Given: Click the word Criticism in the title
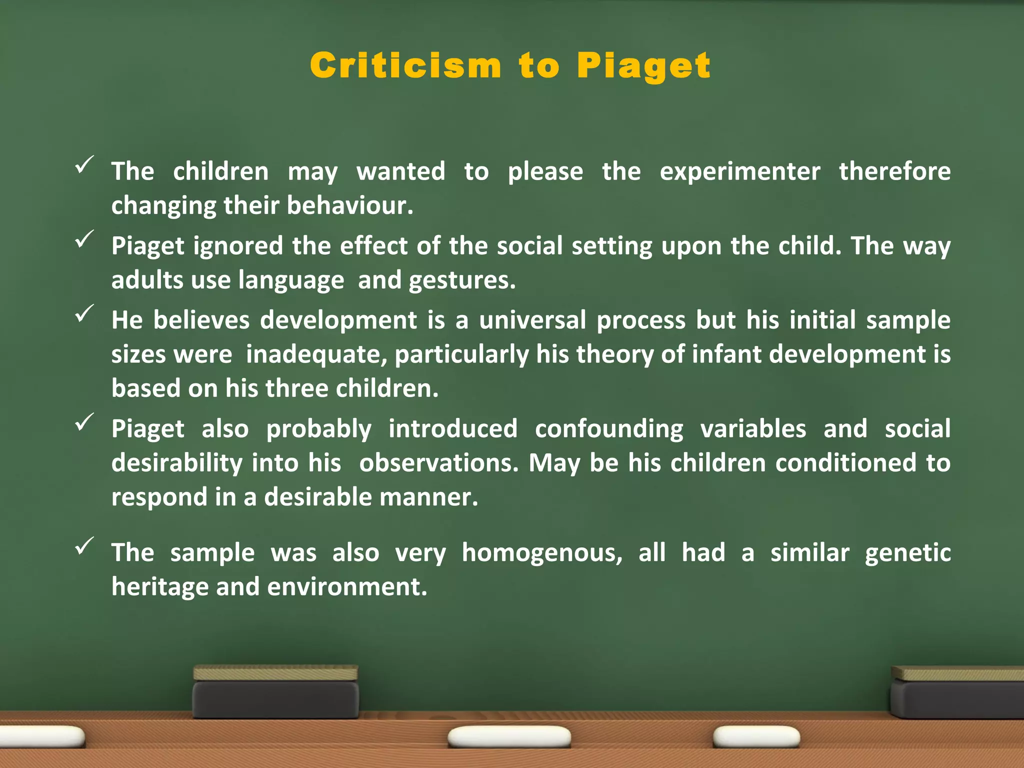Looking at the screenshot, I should [x=405, y=65].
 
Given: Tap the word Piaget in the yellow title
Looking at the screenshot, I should [x=643, y=66].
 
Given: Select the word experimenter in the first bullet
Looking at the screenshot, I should [x=740, y=171].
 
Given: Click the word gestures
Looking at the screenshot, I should [x=462, y=280].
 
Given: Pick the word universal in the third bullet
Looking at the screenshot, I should [x=532, y=320].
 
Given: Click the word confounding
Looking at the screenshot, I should [x=609, y=429].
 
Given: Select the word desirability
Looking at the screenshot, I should [x=176, y=463].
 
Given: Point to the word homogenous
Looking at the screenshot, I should [x=542, y=552].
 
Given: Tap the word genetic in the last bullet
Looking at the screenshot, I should [x=907, y=553].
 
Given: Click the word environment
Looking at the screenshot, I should [x=347, y=586].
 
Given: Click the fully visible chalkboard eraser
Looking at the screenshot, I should [x=275, y=692].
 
